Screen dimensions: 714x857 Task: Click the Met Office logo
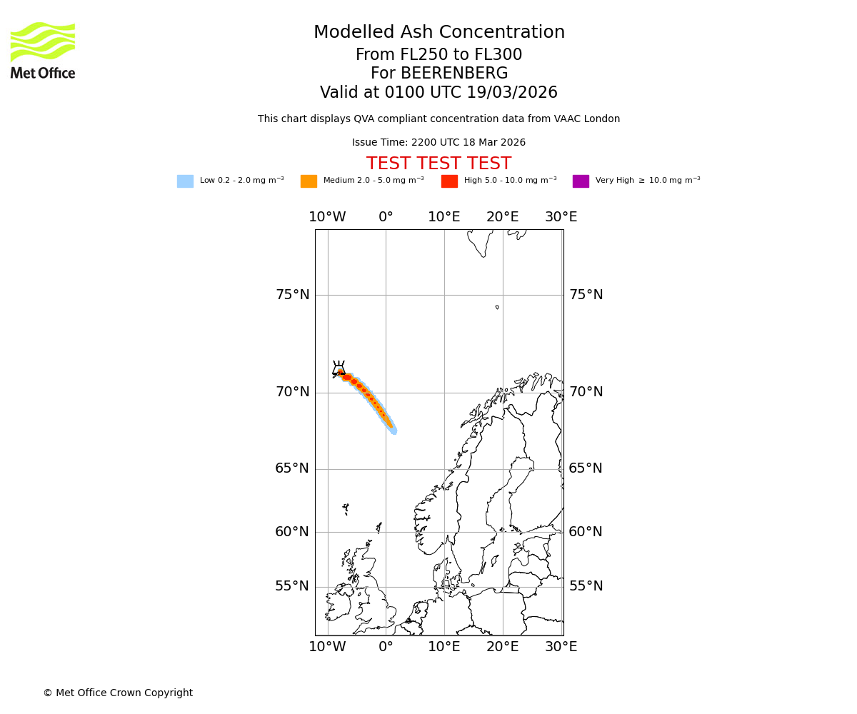point(43,50)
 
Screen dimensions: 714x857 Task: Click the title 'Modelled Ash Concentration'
point(438,33)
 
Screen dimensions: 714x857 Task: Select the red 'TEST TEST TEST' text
point(438,164)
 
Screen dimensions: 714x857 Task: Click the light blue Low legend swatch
point(185,181)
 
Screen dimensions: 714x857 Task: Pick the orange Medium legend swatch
point(309,181)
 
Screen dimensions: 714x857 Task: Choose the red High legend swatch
point(449,181)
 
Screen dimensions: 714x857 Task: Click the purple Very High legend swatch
point(581,181)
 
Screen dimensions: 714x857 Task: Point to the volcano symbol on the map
point(339,368)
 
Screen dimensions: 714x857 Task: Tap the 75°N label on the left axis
point(293,295)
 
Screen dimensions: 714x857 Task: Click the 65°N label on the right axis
point(586,468)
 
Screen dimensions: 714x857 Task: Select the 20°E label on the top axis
point(503,217)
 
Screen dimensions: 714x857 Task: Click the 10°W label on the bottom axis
point(327,647)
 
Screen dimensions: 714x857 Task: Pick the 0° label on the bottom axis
point(386,647)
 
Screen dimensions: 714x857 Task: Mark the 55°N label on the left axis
point(293,586)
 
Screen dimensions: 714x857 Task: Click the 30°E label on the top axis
point(561,217)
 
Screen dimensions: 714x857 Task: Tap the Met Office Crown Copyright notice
point(118,693)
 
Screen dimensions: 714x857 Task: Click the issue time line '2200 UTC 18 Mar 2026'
point(438,143)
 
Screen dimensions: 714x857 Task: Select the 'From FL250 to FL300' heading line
point(438,55)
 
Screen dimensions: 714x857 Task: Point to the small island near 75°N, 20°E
point(497,307)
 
